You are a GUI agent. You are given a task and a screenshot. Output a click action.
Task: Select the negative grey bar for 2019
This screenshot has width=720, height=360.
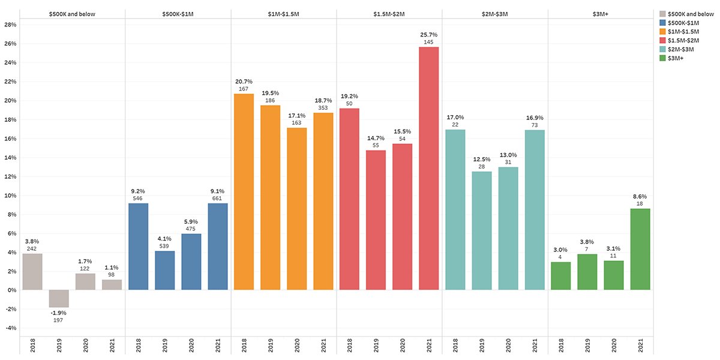pyautogui.click(x=59, y=298)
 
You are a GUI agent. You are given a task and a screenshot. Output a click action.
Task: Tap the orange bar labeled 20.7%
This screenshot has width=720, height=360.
pyautogui.click(x=244, y=192)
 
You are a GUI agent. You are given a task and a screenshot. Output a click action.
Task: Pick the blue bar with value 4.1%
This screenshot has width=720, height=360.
pyautogui.click(x=164, y=270)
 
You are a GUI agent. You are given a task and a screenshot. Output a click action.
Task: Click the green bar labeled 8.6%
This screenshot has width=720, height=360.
pyautogui.click(x=641, y=249)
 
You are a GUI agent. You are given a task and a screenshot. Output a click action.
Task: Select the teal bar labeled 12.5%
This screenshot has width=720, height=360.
pyautogui.click(x=482, y=231)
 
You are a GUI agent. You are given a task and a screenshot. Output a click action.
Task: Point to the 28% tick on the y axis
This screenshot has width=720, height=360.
pyautogui.click(x=10, y=25)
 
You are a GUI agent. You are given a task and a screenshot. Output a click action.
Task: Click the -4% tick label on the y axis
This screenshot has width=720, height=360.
pyautogui.click(x=10, y=328)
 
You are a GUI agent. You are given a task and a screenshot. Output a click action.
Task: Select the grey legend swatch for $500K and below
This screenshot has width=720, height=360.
pyautogui.click(x=662, y=13)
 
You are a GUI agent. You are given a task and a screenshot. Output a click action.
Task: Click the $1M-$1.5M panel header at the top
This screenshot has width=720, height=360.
pyautogui.click(x=283, y=13)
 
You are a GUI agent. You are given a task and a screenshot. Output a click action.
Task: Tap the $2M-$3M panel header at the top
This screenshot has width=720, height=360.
pyautogui.click(x=494, y=13)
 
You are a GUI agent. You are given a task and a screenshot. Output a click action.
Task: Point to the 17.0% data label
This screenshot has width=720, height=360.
pyautogui.click(x=455, y=117)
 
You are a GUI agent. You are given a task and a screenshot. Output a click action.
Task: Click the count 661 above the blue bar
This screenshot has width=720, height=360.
pyautogui.click(x=218, y=198)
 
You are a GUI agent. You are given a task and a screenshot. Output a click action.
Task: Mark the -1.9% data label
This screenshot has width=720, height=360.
pyautogui.click(x=59, y=313)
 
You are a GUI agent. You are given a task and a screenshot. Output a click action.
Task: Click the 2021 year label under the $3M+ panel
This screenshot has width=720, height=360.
pyautogui.click(x=641, y=346)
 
